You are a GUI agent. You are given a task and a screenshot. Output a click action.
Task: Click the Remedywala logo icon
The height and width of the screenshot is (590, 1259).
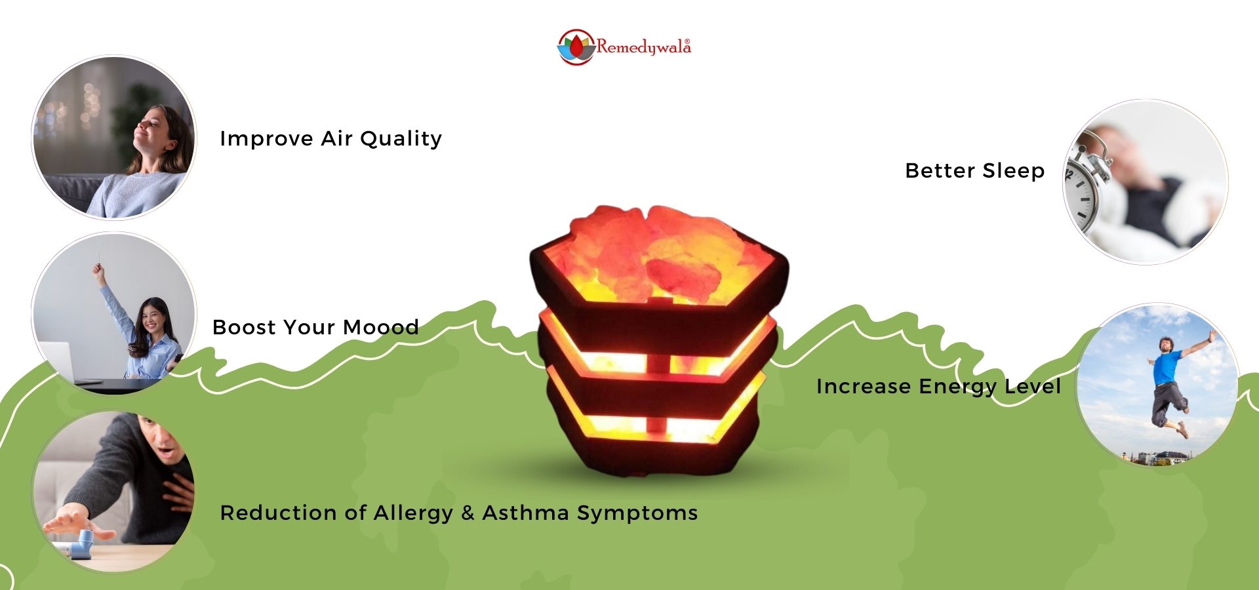pyautogui.click(x=576, y=47)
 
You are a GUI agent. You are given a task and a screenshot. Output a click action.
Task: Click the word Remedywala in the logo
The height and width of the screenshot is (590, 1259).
pyautogui.click(x=643, y=47)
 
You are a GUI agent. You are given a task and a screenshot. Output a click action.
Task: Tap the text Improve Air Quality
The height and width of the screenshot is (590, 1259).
pyautogui.click(x=331, y=139)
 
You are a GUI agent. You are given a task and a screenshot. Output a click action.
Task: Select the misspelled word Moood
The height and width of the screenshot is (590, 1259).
pyautogui.click(x=381, y=327)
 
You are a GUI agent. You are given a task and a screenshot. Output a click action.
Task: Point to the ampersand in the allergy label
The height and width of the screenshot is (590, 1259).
pyautogui.click(x=468, y=513)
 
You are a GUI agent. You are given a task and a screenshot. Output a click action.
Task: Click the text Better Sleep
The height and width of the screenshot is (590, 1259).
pyautogui.click(x=975, y=170)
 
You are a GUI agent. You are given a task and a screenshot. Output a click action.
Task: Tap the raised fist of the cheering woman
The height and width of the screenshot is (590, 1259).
pyautogui.click(x=98, y=269)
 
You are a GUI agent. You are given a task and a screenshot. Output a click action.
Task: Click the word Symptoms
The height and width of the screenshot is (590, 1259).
pyautogui.click(x=637, y=513)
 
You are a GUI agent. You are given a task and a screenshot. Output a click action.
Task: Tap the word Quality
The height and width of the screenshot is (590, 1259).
pyautogui.click(x=401, y=139)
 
